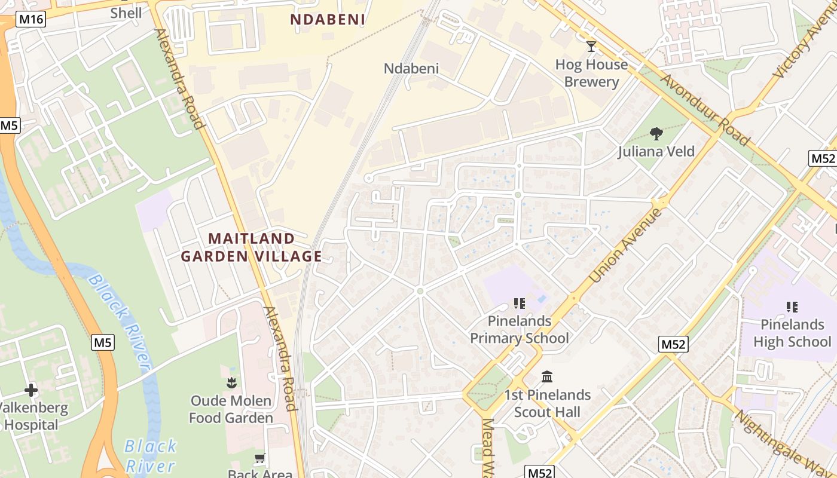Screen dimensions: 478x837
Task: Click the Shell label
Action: pos(126,13)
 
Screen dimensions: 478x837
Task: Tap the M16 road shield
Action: pos(31,19)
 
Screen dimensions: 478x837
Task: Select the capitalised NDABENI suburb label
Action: pos(328,20)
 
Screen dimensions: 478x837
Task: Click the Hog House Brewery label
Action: pos(591,73)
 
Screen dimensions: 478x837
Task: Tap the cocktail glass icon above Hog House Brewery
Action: pos(591,46)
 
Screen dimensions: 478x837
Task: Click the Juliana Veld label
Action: pos(656,151)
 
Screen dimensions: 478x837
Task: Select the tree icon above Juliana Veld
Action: pos(656,133)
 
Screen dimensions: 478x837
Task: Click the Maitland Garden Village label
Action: pos(252,247)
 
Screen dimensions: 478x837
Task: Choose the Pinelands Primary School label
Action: pos(520,330)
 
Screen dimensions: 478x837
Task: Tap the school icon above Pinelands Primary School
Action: pos(519,304)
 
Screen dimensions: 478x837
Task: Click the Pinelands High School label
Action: pos(792,333)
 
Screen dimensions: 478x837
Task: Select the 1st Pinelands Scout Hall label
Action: pos(547,403)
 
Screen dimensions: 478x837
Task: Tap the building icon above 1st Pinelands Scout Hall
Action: pos(547,377)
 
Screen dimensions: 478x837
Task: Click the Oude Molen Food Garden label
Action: pos(231,409)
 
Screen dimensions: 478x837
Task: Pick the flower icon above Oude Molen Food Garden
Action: pos(231,382)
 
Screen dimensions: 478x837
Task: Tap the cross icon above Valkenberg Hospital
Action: pos(31,391)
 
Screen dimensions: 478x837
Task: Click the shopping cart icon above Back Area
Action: pos(260,459)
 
